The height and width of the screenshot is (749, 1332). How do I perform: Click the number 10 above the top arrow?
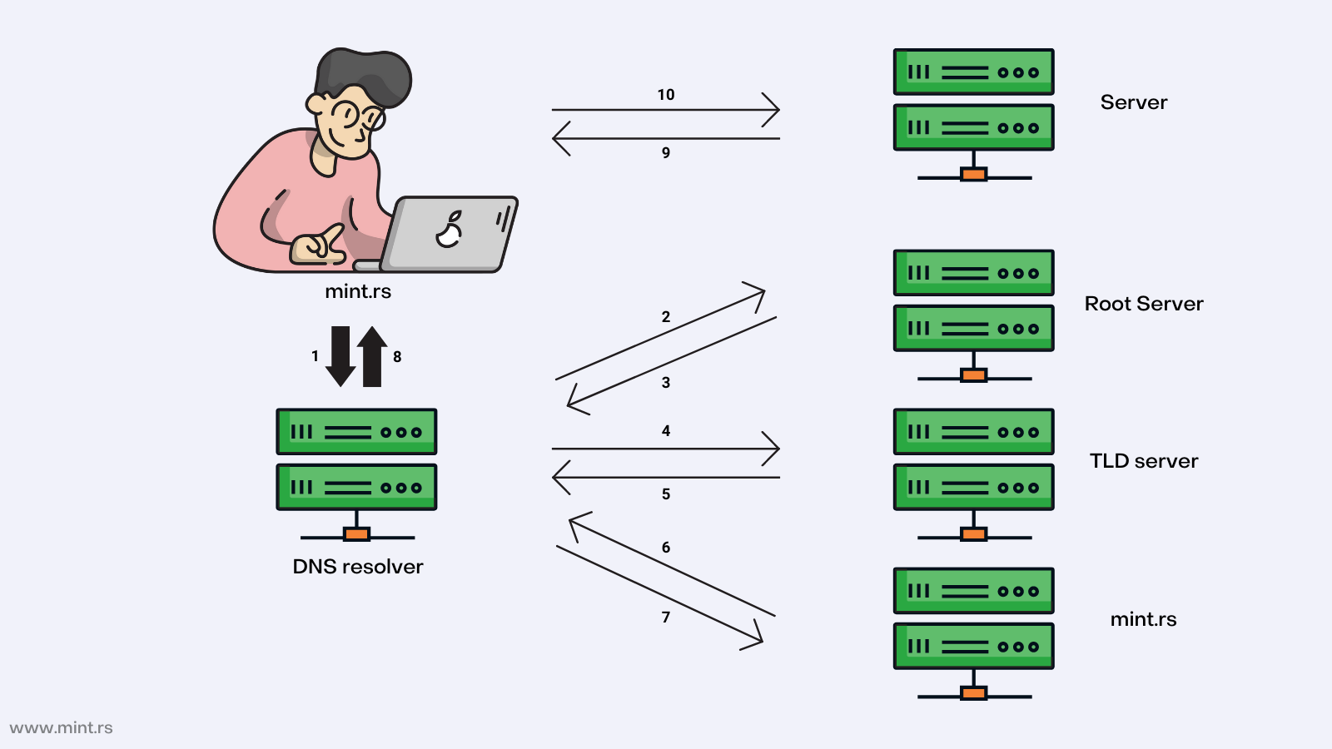666,95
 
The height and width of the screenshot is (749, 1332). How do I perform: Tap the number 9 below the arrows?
666,153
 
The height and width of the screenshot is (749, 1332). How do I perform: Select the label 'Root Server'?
1144,304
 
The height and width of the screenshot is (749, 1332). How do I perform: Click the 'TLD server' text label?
1144,461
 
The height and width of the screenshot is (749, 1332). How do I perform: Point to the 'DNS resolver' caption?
358,567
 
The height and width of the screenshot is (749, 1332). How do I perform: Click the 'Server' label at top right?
1134,102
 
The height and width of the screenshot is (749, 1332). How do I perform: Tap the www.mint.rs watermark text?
62,728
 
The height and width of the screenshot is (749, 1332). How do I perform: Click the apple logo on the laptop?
450,231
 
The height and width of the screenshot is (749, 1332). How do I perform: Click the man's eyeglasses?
360,115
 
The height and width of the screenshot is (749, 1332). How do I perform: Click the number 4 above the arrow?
666,431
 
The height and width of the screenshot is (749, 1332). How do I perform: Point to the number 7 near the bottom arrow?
666,618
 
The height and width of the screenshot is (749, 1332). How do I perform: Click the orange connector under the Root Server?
973,375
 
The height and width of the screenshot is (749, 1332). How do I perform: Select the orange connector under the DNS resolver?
356,534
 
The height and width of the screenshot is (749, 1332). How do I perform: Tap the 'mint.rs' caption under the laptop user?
358,291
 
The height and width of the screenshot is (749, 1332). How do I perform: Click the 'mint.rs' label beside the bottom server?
1143,619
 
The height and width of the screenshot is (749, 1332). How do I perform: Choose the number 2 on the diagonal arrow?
666,317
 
